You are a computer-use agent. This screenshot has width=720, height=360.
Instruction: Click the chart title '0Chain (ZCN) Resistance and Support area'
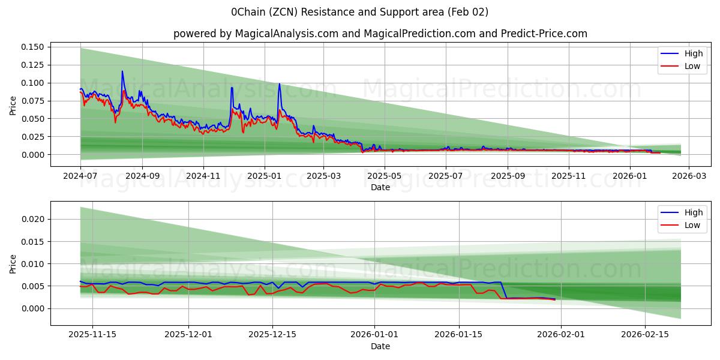(x=359, y=12)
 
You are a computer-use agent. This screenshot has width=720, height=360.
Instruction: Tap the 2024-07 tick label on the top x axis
(x=81, y=176)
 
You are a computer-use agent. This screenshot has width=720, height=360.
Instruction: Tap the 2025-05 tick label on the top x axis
(x=384, y=176)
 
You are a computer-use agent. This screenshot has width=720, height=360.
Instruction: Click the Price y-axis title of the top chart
(x=13, y=105)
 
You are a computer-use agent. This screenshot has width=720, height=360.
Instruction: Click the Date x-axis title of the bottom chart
(x=380, y=346)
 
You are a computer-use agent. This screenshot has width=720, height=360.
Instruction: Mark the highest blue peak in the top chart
(x=122, y=71)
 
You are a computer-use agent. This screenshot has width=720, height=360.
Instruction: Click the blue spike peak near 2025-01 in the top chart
(x=279, y=84)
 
